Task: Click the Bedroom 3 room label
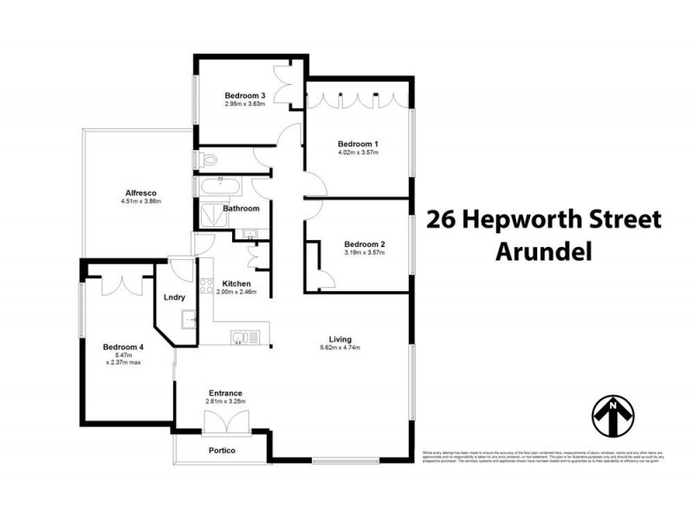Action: [244, 95]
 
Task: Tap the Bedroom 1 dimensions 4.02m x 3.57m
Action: [358, 153]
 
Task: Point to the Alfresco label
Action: [141, 192]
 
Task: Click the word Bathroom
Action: [241, 208]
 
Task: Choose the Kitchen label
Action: [236, 283]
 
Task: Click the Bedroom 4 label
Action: [123, 345]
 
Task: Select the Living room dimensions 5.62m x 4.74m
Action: [340, 348]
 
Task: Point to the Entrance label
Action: [224, 393]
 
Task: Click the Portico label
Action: [223, 451]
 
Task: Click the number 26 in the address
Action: [442, 219]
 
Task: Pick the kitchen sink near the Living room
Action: [238, 337]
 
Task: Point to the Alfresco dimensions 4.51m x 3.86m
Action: [141, 202]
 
